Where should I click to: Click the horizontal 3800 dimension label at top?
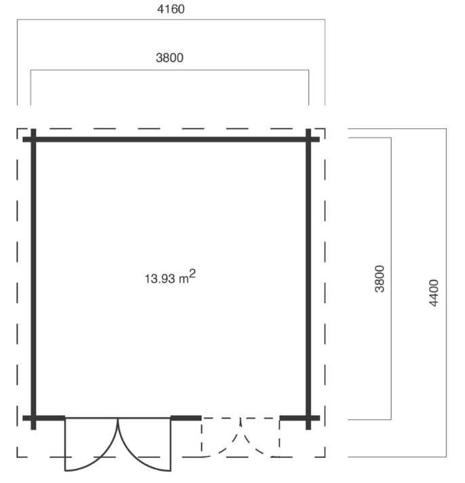tap(170, 58)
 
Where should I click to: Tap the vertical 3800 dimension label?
tap(381, 278)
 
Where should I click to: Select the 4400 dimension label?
tap(434, 292)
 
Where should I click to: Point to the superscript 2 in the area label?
tap(193, 273)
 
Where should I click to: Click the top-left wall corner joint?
tap(33, 139)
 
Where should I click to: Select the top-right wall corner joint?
tap(308, 139)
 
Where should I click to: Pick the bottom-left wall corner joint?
tap(33, 418)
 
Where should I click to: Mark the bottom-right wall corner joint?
tap(308, 418)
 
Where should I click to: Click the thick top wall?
tap(170, 139)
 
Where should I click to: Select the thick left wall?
tap(33, 278)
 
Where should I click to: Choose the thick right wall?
tap(308, 278)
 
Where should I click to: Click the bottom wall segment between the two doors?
tap(186, 418)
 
